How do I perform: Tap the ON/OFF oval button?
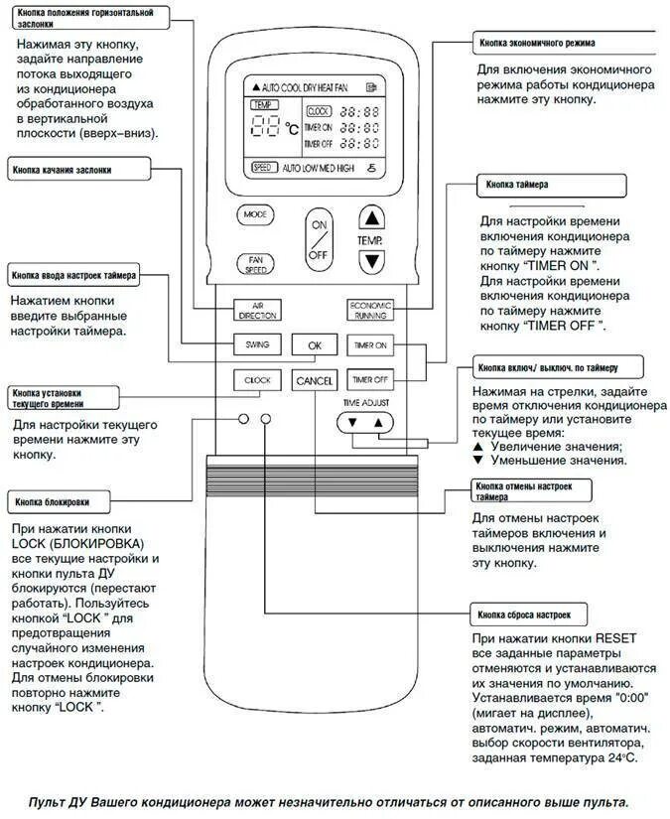pos(319,239)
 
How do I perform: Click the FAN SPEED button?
pos(254,264)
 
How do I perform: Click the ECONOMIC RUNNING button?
pos(370,310)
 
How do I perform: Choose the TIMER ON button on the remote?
pos(370,345)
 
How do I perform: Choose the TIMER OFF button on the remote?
pos(370,379)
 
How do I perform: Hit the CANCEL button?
pos(315,380)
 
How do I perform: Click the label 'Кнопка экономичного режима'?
pos(537,44)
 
